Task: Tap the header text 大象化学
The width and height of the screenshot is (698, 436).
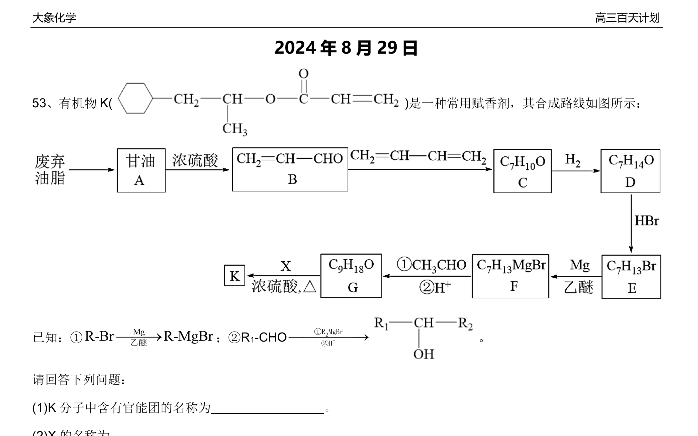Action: [54, 18]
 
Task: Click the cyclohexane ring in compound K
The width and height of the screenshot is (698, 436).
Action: [135, 98]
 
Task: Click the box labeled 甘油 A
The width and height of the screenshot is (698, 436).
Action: [141, 170]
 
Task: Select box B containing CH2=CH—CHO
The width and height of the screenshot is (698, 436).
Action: [290, 170]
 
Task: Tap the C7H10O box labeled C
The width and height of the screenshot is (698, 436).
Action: [522, 171]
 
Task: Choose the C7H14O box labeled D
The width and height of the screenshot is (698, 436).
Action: [630, 171]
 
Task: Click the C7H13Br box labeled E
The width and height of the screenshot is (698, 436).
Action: [631, 277]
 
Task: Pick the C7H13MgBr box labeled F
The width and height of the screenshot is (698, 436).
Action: [510, 276]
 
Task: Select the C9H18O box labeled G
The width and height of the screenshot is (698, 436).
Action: [351, 276]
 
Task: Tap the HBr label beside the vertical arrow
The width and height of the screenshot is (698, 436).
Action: [646, 221]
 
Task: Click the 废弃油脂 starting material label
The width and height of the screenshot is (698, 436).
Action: [50, 170]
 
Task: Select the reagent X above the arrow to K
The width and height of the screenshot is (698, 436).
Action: [286, 266]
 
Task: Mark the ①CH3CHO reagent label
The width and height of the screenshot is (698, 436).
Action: [432, 265]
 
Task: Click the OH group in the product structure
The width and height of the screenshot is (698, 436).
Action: [423, 354]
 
